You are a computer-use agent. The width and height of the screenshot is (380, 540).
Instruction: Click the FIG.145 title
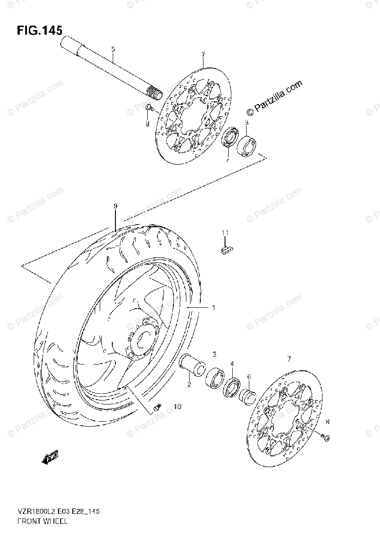click(40, 30)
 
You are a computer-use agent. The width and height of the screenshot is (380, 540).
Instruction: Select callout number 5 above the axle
click(113, 49)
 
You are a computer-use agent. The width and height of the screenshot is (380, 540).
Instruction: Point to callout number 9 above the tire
click(115, 206)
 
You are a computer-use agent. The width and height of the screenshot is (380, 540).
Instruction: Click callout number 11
click(225, 232)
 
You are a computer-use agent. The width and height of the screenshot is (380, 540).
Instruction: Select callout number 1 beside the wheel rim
click(213, 308)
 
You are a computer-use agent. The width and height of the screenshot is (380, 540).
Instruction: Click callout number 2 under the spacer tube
click(189, 384)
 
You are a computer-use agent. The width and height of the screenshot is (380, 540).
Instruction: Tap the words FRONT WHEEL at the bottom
click(43, 521)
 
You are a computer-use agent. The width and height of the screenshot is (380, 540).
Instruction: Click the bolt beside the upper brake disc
click(150, 108)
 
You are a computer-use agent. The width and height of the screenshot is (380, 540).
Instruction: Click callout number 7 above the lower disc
click(289, 359)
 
